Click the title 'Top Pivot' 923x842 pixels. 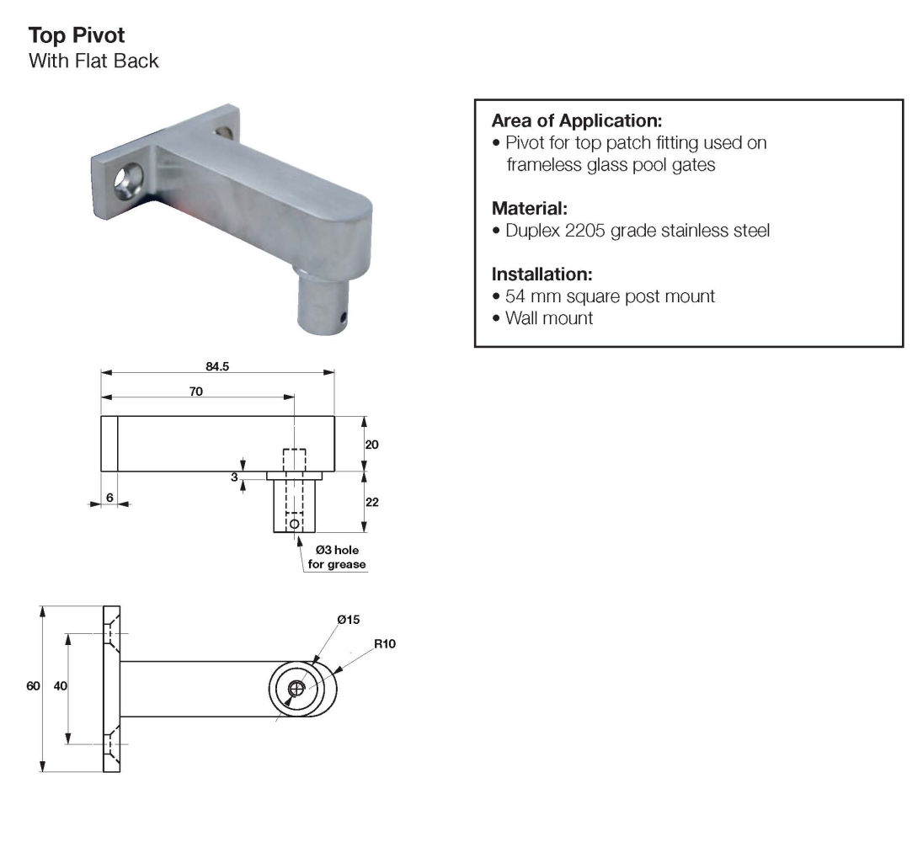click(x=77, y=36)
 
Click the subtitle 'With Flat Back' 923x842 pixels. click(x=93, y=61)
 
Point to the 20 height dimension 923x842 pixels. click(x=371, y=444)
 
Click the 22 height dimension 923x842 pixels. click(x=371, y=502)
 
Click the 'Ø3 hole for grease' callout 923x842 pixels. click(x=334, y=557)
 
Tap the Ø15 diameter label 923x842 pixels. click(x=348, y=620)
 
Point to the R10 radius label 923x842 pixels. click(x=383, y=644)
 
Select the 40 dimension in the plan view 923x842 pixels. click(x=60, y=686)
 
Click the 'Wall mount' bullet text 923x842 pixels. click(x=549, y=318)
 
